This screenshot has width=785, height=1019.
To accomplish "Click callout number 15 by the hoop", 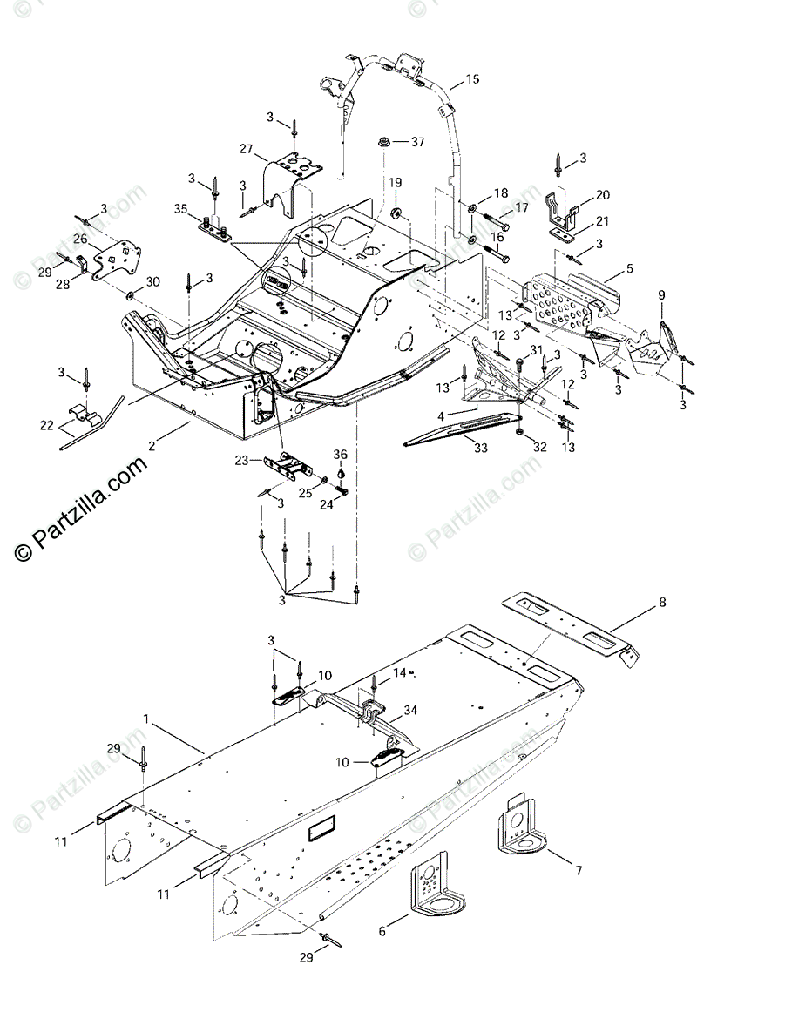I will (471, 79).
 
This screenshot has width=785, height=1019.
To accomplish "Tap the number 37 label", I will (418, 141).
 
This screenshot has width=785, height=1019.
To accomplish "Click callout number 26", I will (79, 239).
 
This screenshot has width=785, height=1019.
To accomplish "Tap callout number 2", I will (152, 445).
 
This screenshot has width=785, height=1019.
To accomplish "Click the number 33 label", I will (481, 448).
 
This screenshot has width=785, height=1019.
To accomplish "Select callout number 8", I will (661, 602).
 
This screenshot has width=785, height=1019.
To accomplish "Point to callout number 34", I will (410, 711).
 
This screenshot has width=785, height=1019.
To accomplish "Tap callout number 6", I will (382, 931).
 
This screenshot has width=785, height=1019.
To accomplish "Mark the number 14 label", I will (399, 672).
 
